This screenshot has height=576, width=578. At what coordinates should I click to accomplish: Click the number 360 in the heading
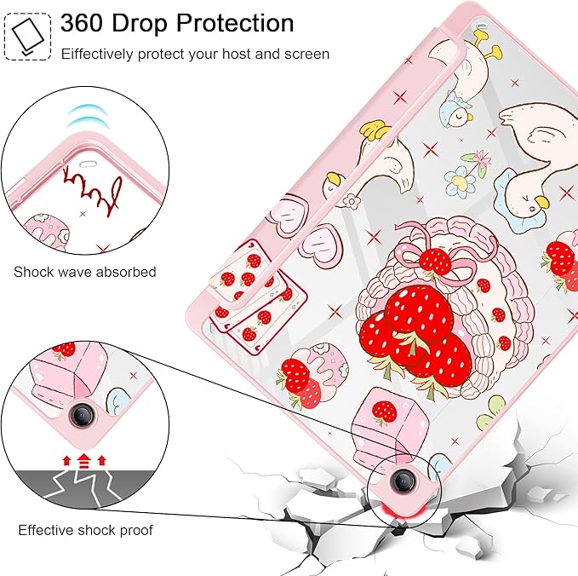(x=81, y=23)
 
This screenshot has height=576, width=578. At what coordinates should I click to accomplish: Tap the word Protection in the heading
(x=235, y=23)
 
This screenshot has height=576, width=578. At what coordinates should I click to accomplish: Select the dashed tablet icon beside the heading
(x=27, y=37)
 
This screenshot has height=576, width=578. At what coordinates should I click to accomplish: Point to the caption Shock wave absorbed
(x=85, y=272)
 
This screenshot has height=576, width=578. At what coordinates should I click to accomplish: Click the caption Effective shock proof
(x=85, y=530)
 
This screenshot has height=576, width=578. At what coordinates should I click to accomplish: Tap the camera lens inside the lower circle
(x=81, y=414)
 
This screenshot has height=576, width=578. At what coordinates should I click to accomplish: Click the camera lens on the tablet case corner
(x=403, y=480)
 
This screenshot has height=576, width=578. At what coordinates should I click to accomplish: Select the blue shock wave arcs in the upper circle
(x=88, y=116)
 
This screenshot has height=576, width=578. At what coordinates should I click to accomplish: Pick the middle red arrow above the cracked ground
(x=84, y=461)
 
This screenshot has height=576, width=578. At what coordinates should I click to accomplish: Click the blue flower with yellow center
(x=460, y=181)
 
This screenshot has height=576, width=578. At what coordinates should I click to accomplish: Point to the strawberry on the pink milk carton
(x=386, y=412)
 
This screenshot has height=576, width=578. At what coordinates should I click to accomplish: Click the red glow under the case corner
(x=403, y=511)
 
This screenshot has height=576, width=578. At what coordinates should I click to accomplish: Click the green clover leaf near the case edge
(x=489, y=412)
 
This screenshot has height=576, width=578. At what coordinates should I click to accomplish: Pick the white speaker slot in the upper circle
(x=87, y=164)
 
